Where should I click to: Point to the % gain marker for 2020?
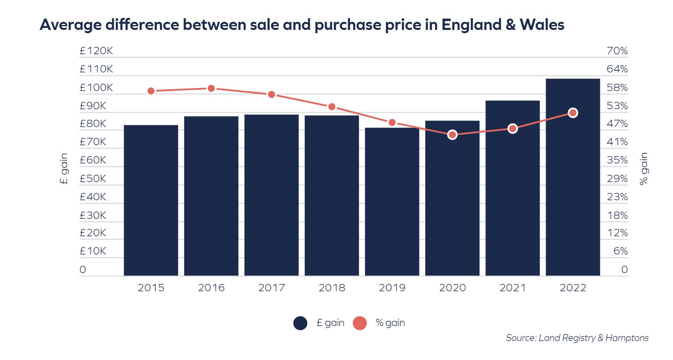[x=452, y=135]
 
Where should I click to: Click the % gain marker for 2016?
[x=211, y=89]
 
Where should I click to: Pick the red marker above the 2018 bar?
[x=332, y=107]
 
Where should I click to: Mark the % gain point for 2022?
[x=573, y=113]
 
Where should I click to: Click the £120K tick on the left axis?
[x=96, y=51]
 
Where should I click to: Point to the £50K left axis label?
[x=93, y=178]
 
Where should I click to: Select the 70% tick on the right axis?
[x=617, y=51]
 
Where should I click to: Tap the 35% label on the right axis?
[x=617, y=160]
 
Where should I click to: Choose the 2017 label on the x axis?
[x=271, y=288]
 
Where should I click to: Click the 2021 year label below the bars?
[x=513, y=288]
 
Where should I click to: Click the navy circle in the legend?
[x=300, y=323]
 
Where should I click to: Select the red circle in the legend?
[x=360, y=323]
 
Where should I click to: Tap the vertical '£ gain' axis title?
[x=64, y=168]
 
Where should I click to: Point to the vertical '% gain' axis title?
[x=643, y=168]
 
